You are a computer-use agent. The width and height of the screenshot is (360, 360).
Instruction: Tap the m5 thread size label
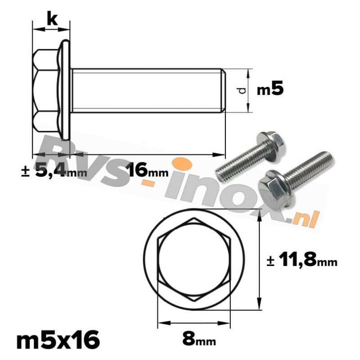[270, 90]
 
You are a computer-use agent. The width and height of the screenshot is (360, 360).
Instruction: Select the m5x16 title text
[58, 341]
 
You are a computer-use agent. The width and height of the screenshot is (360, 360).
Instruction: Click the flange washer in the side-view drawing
[65, 90]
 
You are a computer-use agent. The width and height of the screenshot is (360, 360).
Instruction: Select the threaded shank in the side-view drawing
[146, 90]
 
